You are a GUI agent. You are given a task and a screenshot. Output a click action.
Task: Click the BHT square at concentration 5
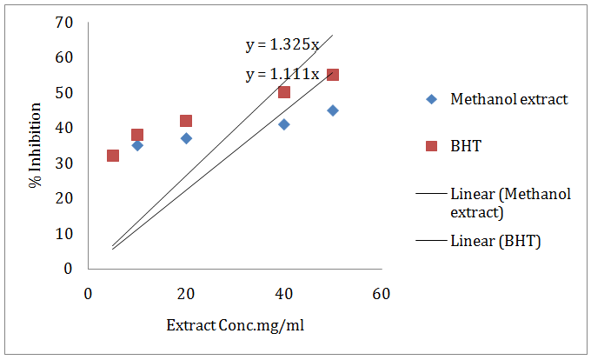(113, 156)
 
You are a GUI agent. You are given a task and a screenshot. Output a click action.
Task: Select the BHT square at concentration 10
(137, 135)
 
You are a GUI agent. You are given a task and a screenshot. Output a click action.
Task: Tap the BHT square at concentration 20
(186, 121)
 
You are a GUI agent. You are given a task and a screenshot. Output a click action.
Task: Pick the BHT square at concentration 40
(284, 92)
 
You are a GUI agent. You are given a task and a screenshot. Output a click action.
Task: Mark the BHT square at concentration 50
(333, 75)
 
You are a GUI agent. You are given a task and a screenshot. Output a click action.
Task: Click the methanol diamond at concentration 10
(137, 145)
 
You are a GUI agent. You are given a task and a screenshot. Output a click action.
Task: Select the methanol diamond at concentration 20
(186, 138)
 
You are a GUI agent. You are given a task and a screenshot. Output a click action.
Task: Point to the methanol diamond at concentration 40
(284, 124)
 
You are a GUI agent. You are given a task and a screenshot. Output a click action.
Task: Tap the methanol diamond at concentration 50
(333, 110)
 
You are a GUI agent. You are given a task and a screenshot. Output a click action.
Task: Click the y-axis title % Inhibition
(36, 145)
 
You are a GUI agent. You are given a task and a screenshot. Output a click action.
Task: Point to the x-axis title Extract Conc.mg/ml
(234, 326)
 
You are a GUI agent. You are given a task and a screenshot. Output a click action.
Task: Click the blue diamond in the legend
(431, 99)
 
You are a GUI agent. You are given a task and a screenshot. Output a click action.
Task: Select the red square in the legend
(431, 147)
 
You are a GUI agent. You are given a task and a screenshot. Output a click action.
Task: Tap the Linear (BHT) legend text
(495, 241)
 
